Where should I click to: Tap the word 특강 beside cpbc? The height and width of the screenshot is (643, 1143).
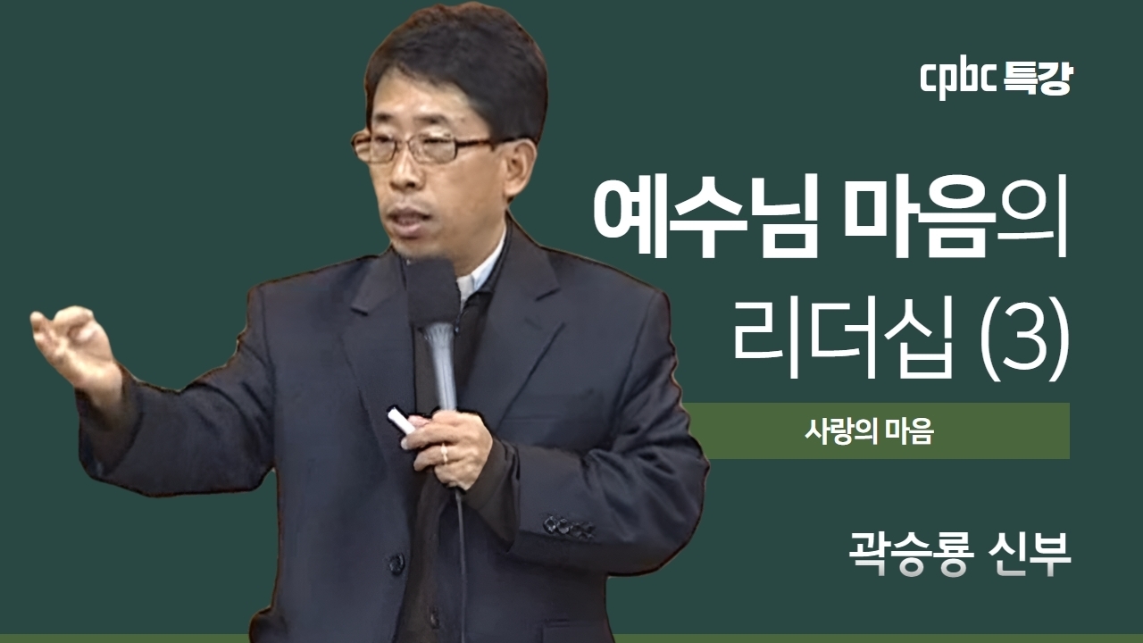click(1038, 80)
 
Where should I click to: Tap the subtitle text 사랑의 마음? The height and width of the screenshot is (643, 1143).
click(869, 431)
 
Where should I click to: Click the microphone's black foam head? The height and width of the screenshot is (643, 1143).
click(431, 292)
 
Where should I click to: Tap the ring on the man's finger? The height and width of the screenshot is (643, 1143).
click(445, 455)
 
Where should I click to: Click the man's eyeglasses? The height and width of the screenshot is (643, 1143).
click(423, 146)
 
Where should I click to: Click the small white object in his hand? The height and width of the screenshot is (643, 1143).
click(401, 421)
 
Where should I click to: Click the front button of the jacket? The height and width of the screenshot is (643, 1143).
click(396, 564)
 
